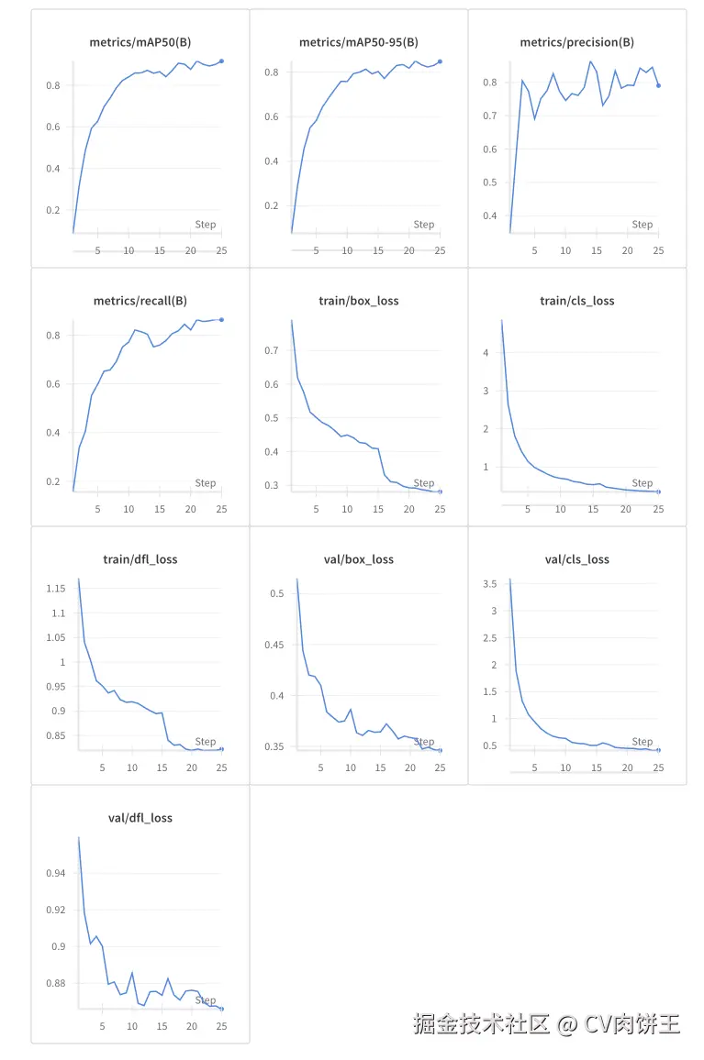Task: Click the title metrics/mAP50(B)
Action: (x=140, y=42)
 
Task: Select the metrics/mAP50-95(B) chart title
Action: (x=359, y=42)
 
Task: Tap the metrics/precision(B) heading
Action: (x=577, y=42)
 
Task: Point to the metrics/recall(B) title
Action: (x=140, y=301)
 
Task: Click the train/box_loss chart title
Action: (x=359, y=301)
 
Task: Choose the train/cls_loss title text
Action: (x=577, y=301)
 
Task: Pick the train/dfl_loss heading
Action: (x=140, y=559)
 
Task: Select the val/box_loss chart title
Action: (x=359, y=559)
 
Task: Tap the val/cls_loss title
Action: (x=577, y=559)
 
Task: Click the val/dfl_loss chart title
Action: (x=140, y=818)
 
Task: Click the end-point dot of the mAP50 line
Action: (x=221, y=61)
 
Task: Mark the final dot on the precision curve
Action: (x=658, y=85)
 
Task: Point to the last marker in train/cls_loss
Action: (x=658, y=491)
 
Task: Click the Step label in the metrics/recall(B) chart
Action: (x=206, y=483)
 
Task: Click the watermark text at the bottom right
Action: (x=546, y=1023)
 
